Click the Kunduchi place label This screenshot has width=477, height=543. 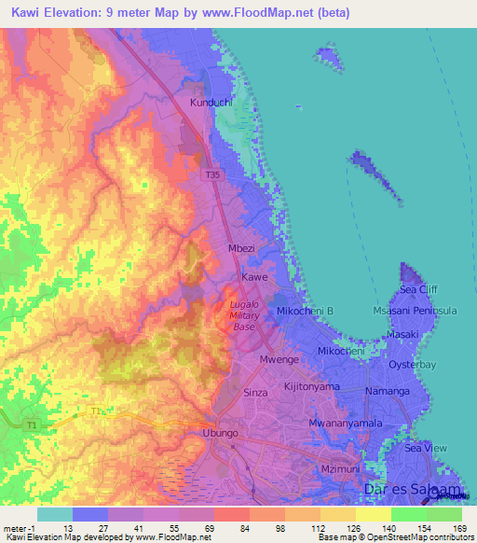(x=210, y=102)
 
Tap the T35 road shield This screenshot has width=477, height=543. (x=213, y=174)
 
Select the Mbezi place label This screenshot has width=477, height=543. (x=242, y=250)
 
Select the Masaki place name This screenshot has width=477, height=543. (x=404, y=335)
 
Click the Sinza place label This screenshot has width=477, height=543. (x=255, y=394)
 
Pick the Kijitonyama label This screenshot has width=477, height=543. (x=311, y=386)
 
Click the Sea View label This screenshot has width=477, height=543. (x=426, y=449)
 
